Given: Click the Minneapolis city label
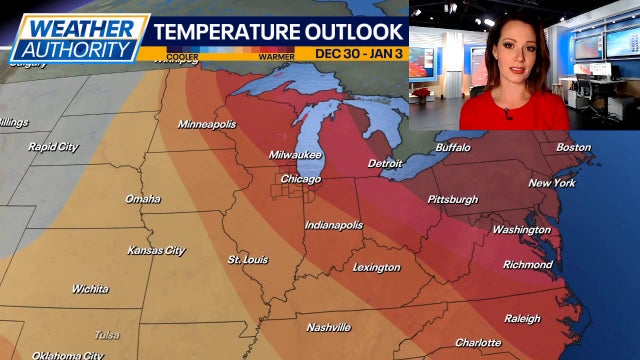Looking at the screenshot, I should (207, 124).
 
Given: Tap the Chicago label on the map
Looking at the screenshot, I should (301, 179).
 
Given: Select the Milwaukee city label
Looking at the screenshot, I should (295, 155).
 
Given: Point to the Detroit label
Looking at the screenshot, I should (385, 162).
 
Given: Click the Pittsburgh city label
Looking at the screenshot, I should (453, 199).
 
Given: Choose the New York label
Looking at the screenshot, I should (552, 183).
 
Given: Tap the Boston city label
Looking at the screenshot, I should (574, 147).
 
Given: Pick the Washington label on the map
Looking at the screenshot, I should (521, 229).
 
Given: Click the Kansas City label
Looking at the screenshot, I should (156, 250).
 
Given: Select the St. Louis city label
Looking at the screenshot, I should (247, 259).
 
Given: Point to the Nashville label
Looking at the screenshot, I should (328, 327).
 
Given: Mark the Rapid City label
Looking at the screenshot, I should (53, 147).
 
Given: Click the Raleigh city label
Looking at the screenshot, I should (522, 319).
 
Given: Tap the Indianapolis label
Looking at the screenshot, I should (334, 225).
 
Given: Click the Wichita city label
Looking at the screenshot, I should (90, 289).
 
